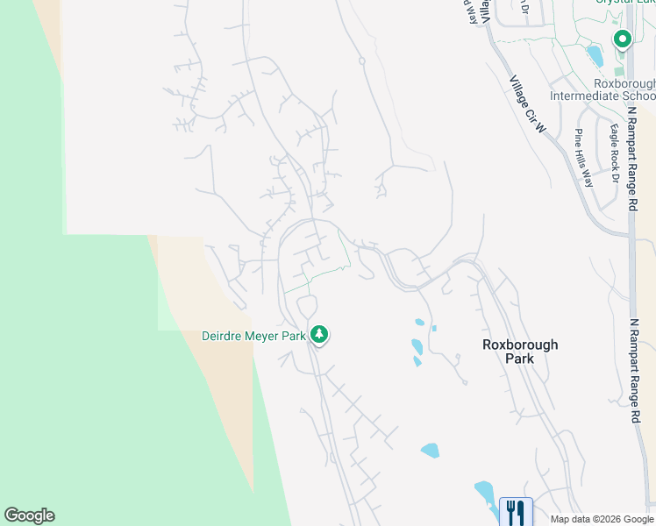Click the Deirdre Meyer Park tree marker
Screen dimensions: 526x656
[320, 334]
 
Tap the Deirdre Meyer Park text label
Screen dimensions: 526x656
[253, 336]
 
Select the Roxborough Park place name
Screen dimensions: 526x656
[520, 352]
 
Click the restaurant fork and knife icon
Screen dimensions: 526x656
[516, 512]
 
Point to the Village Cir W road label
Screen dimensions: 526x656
[528, 104]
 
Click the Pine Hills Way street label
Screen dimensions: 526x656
[583, 158]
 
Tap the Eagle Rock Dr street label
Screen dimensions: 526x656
[615, 154]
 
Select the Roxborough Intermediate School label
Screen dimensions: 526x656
[603, 89]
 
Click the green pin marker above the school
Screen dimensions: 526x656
[623, 39]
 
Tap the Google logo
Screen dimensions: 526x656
[29, 515]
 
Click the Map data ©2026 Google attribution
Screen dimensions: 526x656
[603, 519]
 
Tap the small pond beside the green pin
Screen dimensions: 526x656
[595, 56]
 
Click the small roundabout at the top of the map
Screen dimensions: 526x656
[361, 60]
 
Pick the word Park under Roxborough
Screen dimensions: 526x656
[520, 359]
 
